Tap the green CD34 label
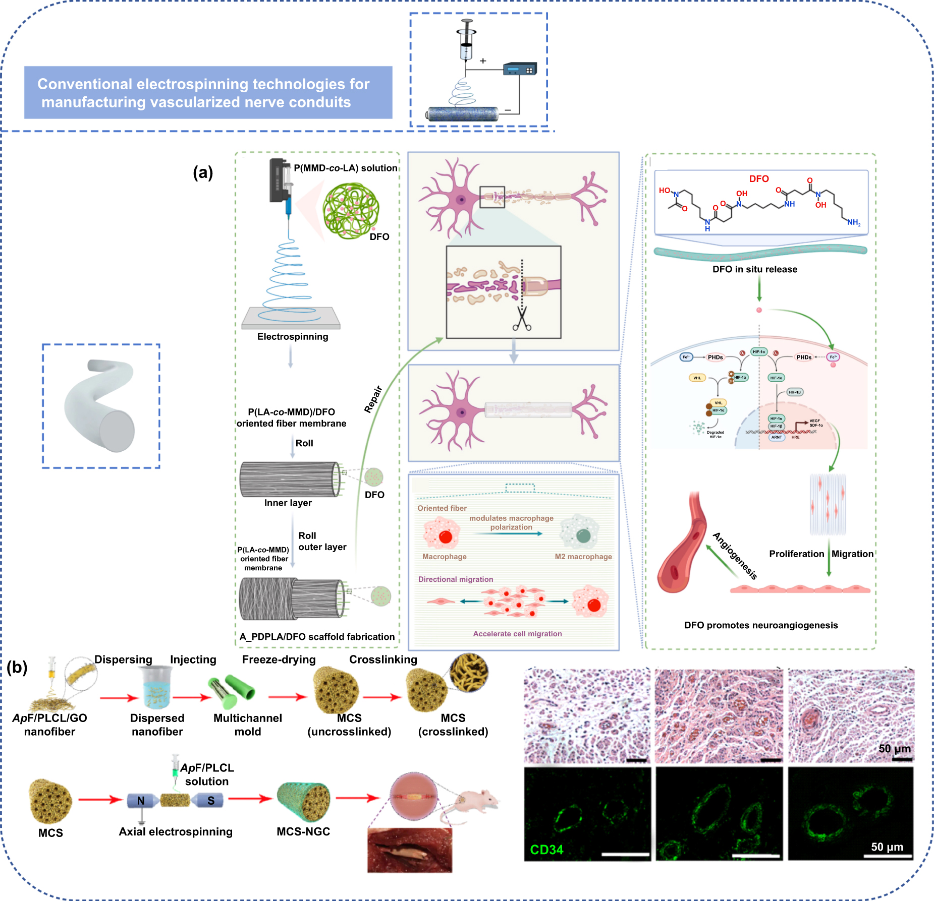546,850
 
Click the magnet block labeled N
141,801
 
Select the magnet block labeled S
210,801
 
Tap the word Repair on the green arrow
373,399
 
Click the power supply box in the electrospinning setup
520,69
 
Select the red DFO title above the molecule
758,179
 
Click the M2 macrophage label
583,557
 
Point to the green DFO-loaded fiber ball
351,210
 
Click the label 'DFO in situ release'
754,269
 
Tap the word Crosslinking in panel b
383,659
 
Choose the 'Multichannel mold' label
247,725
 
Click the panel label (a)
203,172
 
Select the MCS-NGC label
303,831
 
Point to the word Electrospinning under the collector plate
292,336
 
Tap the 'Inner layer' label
288,503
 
